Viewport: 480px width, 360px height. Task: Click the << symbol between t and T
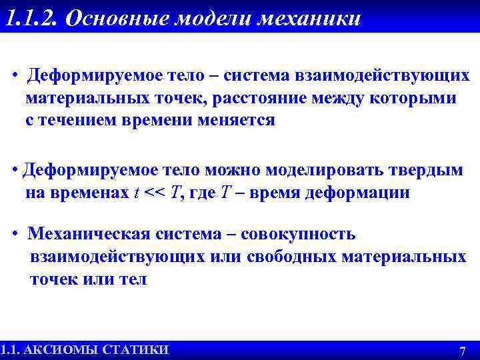pyautogui.click(x=155, y=193)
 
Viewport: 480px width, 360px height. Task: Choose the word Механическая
pyautogui.click(x=89, y=234)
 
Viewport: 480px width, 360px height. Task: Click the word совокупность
pyautogui.click(x=298, y=234)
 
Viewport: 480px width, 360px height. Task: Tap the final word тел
pyautogui.click(x=134, y=279)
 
